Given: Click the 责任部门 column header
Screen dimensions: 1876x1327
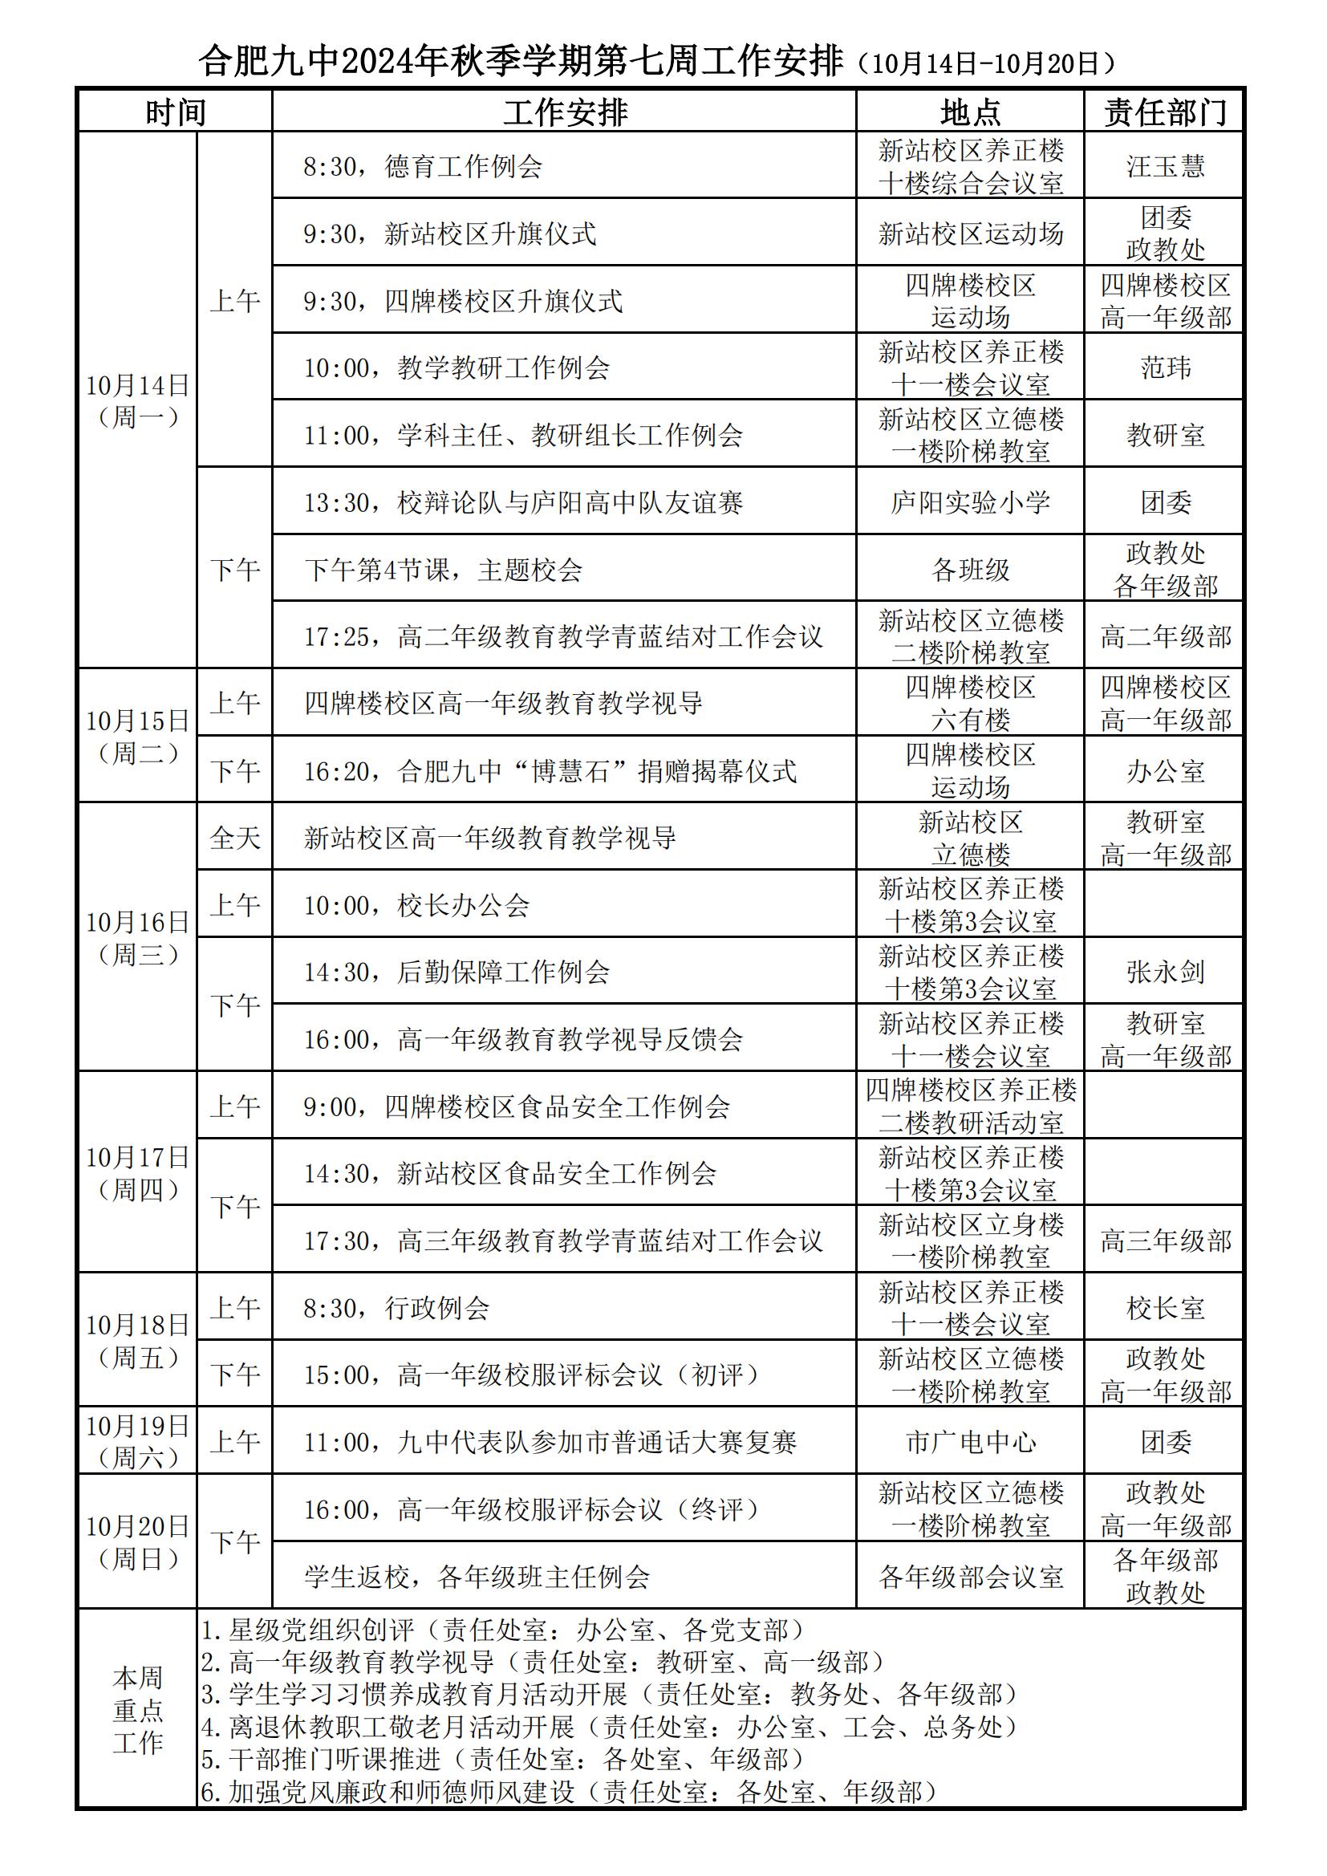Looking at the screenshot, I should coord(1164,112).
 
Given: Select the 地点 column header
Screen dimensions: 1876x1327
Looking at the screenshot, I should coord(970,112).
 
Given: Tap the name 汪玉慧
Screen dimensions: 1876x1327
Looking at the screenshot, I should coord(1164,167).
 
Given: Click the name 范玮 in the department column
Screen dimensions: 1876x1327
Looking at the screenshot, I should coord(1164,367).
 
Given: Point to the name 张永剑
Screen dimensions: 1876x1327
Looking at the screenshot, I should coord(1164,972).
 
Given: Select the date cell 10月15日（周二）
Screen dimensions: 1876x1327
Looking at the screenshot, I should coord(137,736).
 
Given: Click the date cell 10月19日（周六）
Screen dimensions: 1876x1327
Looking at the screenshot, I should coord(137,1441).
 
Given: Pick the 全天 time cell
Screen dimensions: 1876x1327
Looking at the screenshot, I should coord(234,838).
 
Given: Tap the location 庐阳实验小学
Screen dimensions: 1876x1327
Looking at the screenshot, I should coord(970,502).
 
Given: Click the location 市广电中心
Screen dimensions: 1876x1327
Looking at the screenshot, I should coord(970,1442).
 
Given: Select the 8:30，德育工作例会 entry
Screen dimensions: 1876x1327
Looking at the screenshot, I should coord(423,167).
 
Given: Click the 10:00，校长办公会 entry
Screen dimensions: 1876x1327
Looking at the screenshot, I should coord(416,905).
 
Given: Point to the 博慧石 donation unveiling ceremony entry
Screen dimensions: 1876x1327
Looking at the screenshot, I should coord(550,771).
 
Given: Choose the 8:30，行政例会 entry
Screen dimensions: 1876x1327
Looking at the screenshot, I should coord(396,1308).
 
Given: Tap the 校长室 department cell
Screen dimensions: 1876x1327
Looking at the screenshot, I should coord(1164,1308).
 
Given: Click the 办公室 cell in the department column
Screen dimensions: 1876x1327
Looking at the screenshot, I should coord(1164,771).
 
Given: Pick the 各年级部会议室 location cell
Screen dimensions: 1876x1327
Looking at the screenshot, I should coord(970,1576).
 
